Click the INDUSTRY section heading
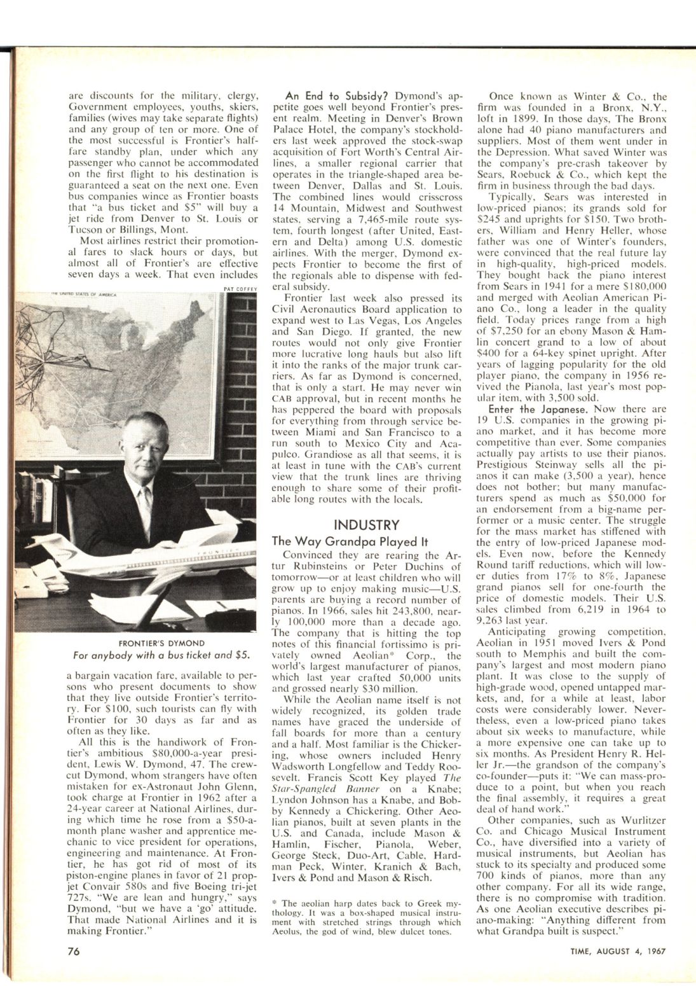[x=367, y=525]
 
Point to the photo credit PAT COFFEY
[x=240, y=287]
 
